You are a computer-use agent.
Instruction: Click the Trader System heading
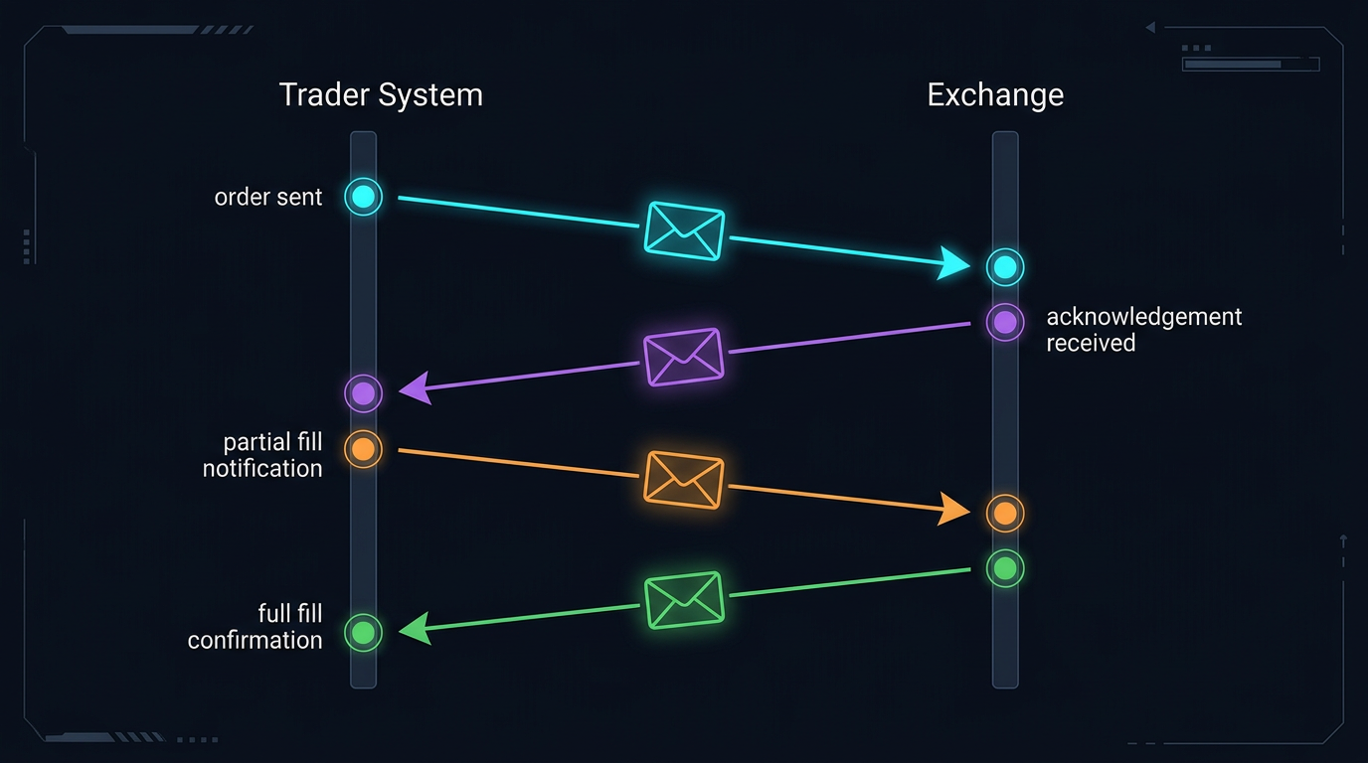(381, 95)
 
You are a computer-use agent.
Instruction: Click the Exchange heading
(995, 95)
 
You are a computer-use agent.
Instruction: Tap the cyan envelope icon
(684, 230)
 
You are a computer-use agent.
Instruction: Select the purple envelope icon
(683, 357)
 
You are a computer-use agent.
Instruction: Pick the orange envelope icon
(684, 479)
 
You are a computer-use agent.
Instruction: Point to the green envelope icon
(684, 600)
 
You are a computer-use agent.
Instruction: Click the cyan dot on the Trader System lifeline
(363, 197)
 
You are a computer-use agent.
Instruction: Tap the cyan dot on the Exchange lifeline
(1005, 267)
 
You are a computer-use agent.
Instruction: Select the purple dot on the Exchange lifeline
(1005, 322)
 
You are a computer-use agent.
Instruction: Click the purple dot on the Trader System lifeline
(363, 393)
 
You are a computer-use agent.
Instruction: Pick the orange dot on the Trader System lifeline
(363, 449)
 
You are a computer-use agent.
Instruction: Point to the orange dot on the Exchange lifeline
(1005, 513)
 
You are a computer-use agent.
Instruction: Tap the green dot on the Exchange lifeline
(1005, 568)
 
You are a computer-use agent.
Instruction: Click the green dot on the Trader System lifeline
(363, 632)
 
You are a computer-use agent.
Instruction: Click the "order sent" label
(268, 197)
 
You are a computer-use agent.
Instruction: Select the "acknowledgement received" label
(1143, 330)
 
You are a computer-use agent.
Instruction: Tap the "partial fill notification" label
(263, 455)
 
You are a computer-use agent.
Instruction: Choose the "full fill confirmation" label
(256, 627)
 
